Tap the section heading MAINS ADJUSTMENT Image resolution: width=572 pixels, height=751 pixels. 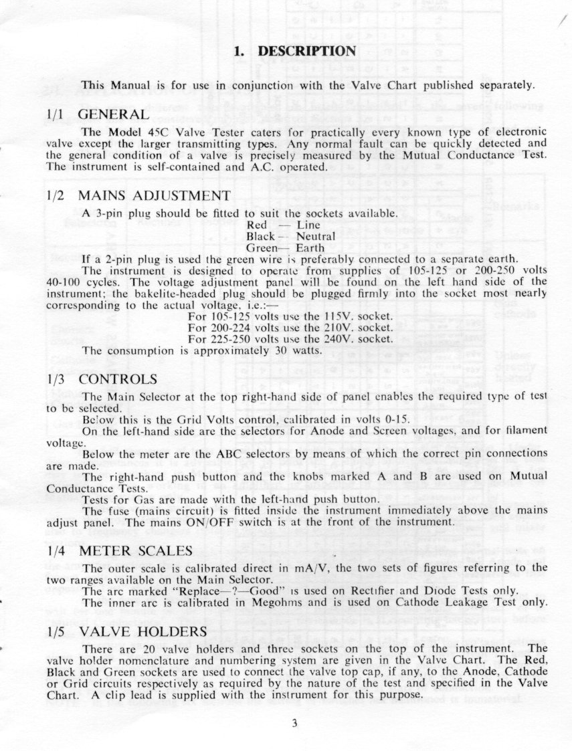(155, 195)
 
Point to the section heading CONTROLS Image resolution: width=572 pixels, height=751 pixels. (118, 379)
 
